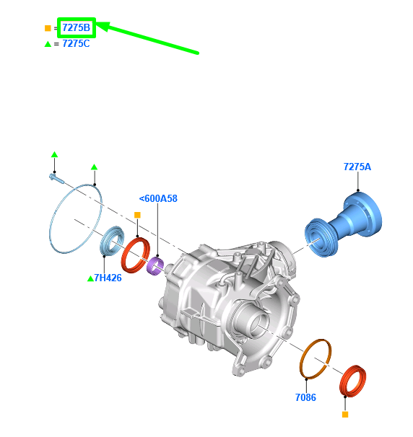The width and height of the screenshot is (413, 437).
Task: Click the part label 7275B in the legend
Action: pos(77,27)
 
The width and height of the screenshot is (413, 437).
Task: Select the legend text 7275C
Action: pos(77,44)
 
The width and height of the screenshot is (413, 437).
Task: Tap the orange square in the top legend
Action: pos(48,28)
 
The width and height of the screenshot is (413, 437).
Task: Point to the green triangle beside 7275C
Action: pos(48,44)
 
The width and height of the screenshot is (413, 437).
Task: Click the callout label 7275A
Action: pos(357,167)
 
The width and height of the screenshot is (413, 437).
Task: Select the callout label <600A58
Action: pos(158,198)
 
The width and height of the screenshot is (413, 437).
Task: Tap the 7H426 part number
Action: pos(108,278)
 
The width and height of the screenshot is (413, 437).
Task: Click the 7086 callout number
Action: pos(305,397)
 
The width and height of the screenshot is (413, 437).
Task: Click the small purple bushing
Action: pos(155,266)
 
